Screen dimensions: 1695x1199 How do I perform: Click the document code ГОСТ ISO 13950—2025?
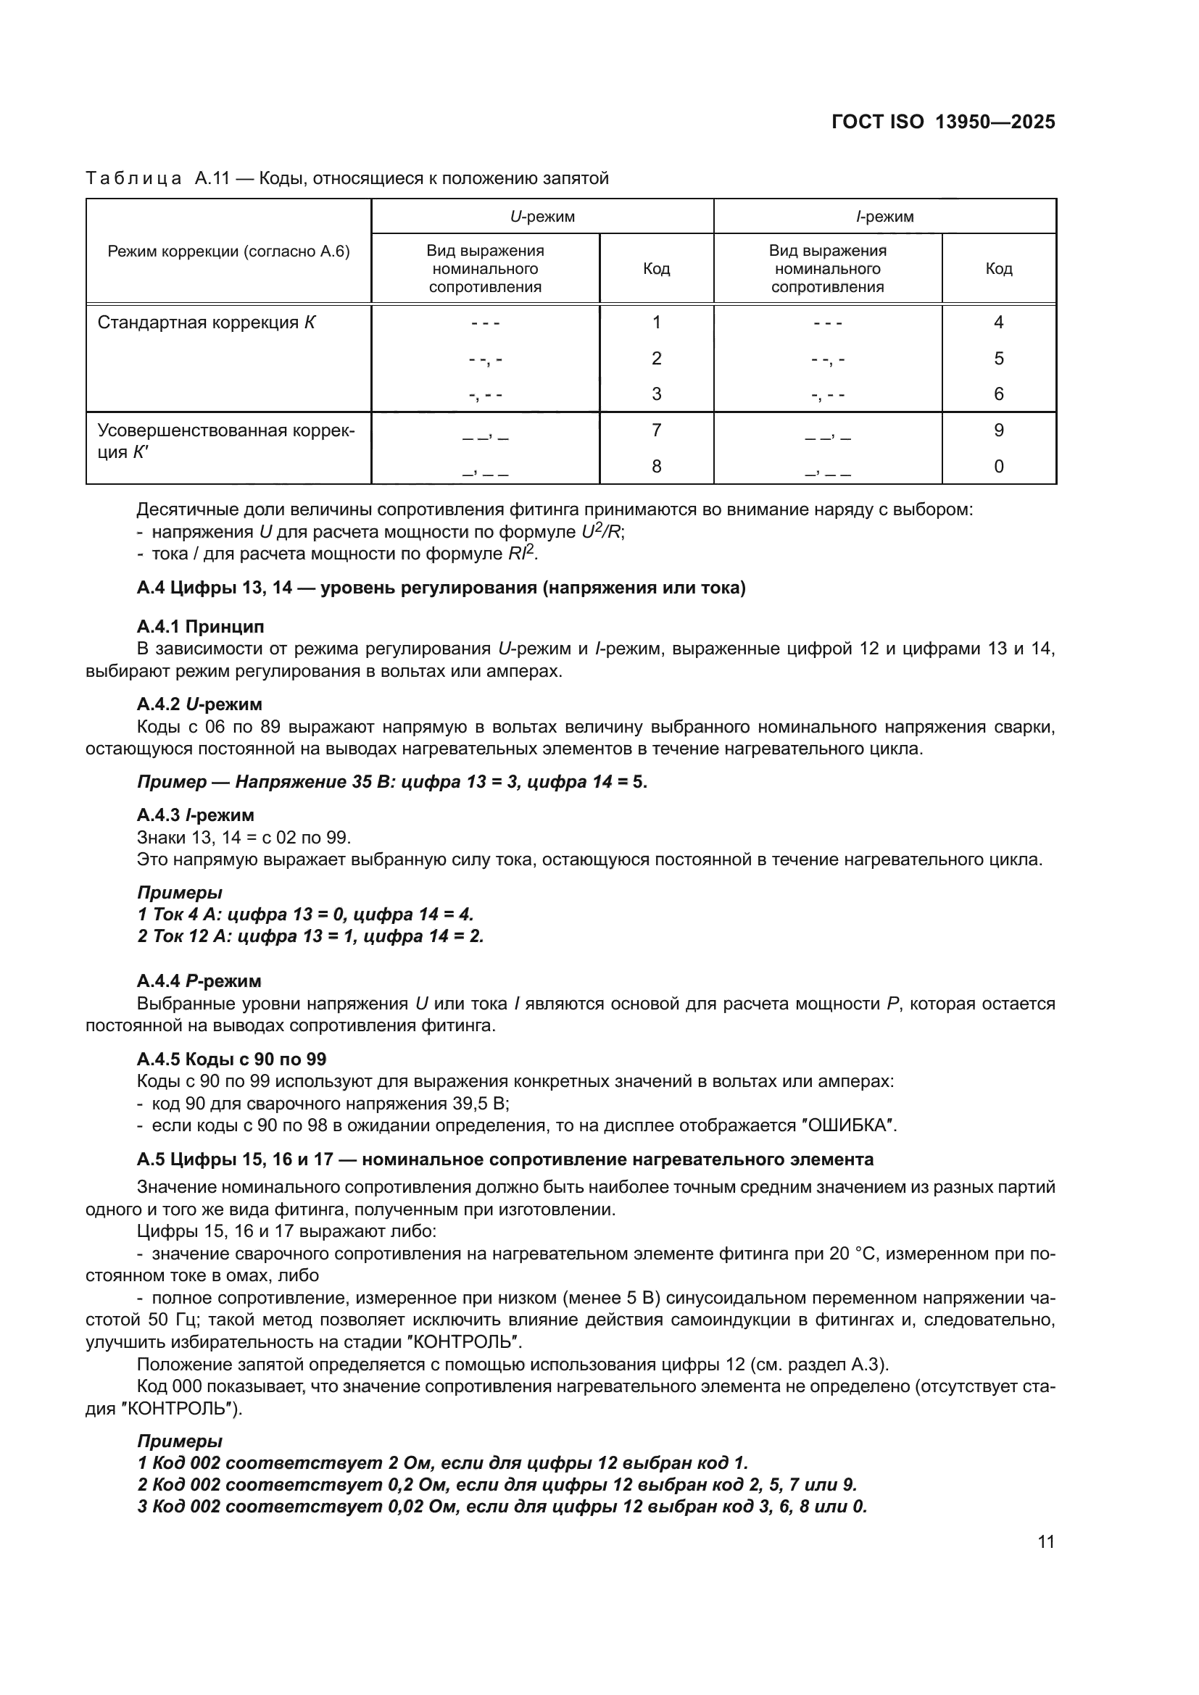tap(943, 122)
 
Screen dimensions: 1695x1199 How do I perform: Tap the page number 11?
tap(1045, 1542)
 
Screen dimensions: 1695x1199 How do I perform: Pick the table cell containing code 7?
tap(655, 430)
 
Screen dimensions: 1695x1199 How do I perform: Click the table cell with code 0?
tap(998, 467)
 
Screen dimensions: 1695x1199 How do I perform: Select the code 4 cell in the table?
tap(998, 322)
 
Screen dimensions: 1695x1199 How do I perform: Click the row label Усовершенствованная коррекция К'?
tap(225, 441)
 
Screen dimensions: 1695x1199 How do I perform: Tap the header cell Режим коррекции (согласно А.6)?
tap(229, 251)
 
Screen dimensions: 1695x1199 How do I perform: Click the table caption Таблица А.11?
tap(347, 179)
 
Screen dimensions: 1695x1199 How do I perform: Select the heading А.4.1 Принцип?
tap(200, 627)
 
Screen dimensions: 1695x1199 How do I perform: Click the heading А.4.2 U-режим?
tap(199, 704)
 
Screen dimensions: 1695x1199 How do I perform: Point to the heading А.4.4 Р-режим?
tap(199, 981)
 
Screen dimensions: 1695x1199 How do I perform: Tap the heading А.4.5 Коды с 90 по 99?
tap(231, 1059)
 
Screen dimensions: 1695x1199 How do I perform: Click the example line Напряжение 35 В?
tap(391, 782)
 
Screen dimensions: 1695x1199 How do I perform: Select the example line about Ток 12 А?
tap(310, 936)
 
